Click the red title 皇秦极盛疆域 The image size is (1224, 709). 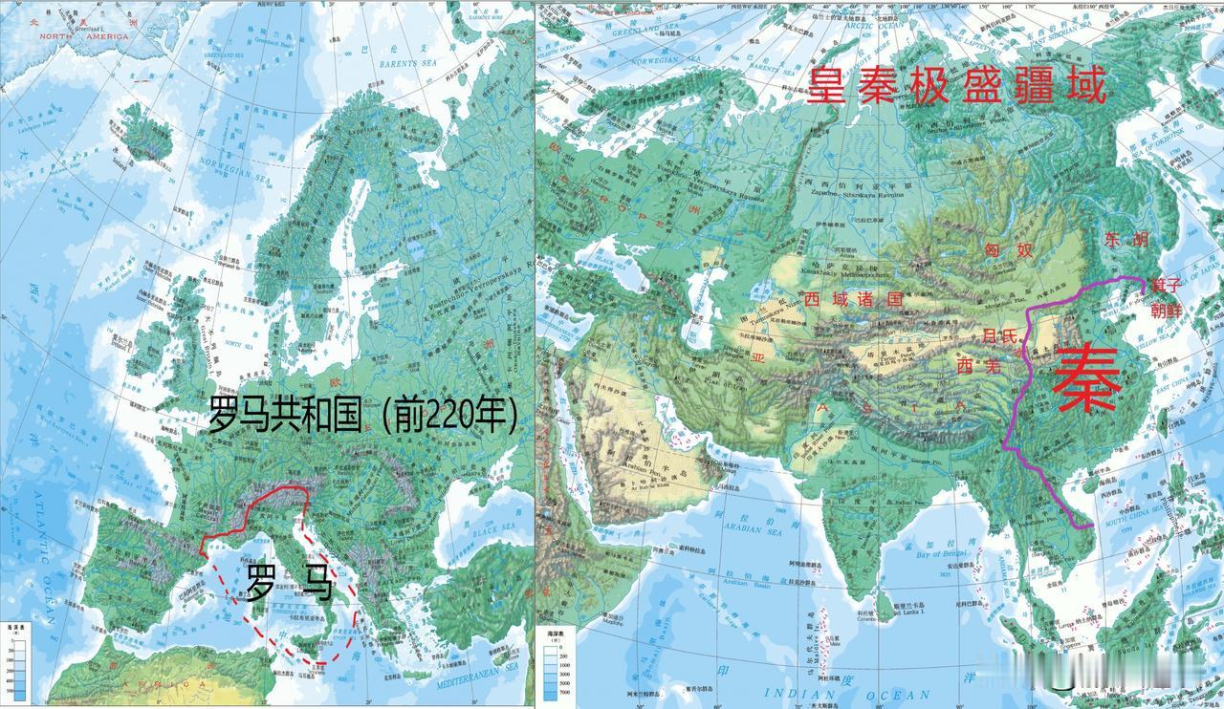point(956,87)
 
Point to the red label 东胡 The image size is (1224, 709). point(1126,240)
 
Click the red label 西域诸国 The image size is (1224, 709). point(854,299)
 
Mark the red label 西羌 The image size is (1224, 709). point(978,366)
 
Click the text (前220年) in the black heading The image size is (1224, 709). point(448,416)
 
